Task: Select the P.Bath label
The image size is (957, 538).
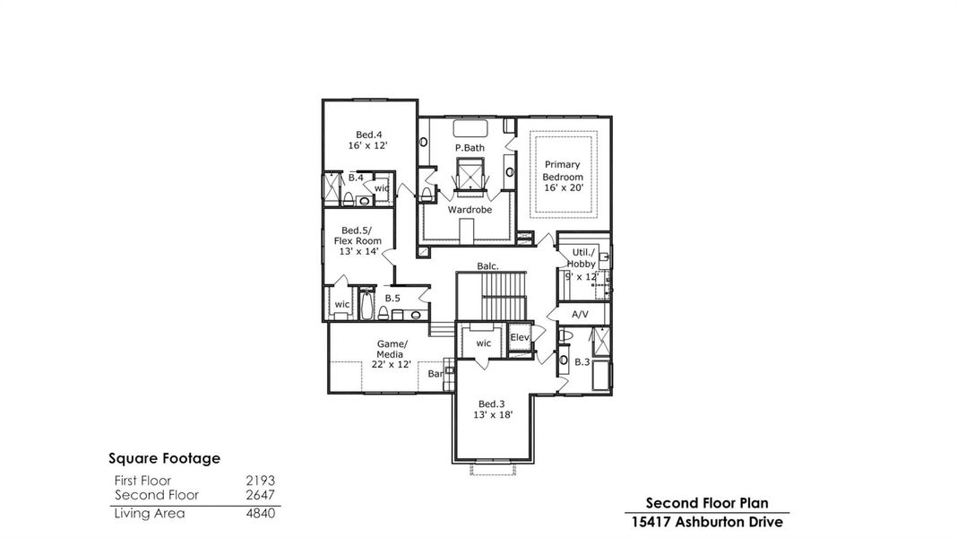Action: pos(470,147)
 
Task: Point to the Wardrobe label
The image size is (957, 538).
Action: pos(470,210)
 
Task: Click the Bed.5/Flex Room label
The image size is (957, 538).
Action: pos(361,240)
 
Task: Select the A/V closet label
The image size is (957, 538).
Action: pos(580,315)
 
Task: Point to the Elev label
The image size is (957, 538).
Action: pos(520,337)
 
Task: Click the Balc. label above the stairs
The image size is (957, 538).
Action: pos(487,266)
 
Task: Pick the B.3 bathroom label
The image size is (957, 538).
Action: pos(582,362)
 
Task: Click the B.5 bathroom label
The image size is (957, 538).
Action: pos(392,298)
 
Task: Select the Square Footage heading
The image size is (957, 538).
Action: pos(164,458)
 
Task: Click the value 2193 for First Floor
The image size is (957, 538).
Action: pos(260,481)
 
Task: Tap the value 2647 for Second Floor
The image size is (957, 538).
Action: pos(260,495)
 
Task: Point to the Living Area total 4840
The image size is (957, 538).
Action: pos(260,514)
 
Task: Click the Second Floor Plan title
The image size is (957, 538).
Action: pos(707,503)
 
